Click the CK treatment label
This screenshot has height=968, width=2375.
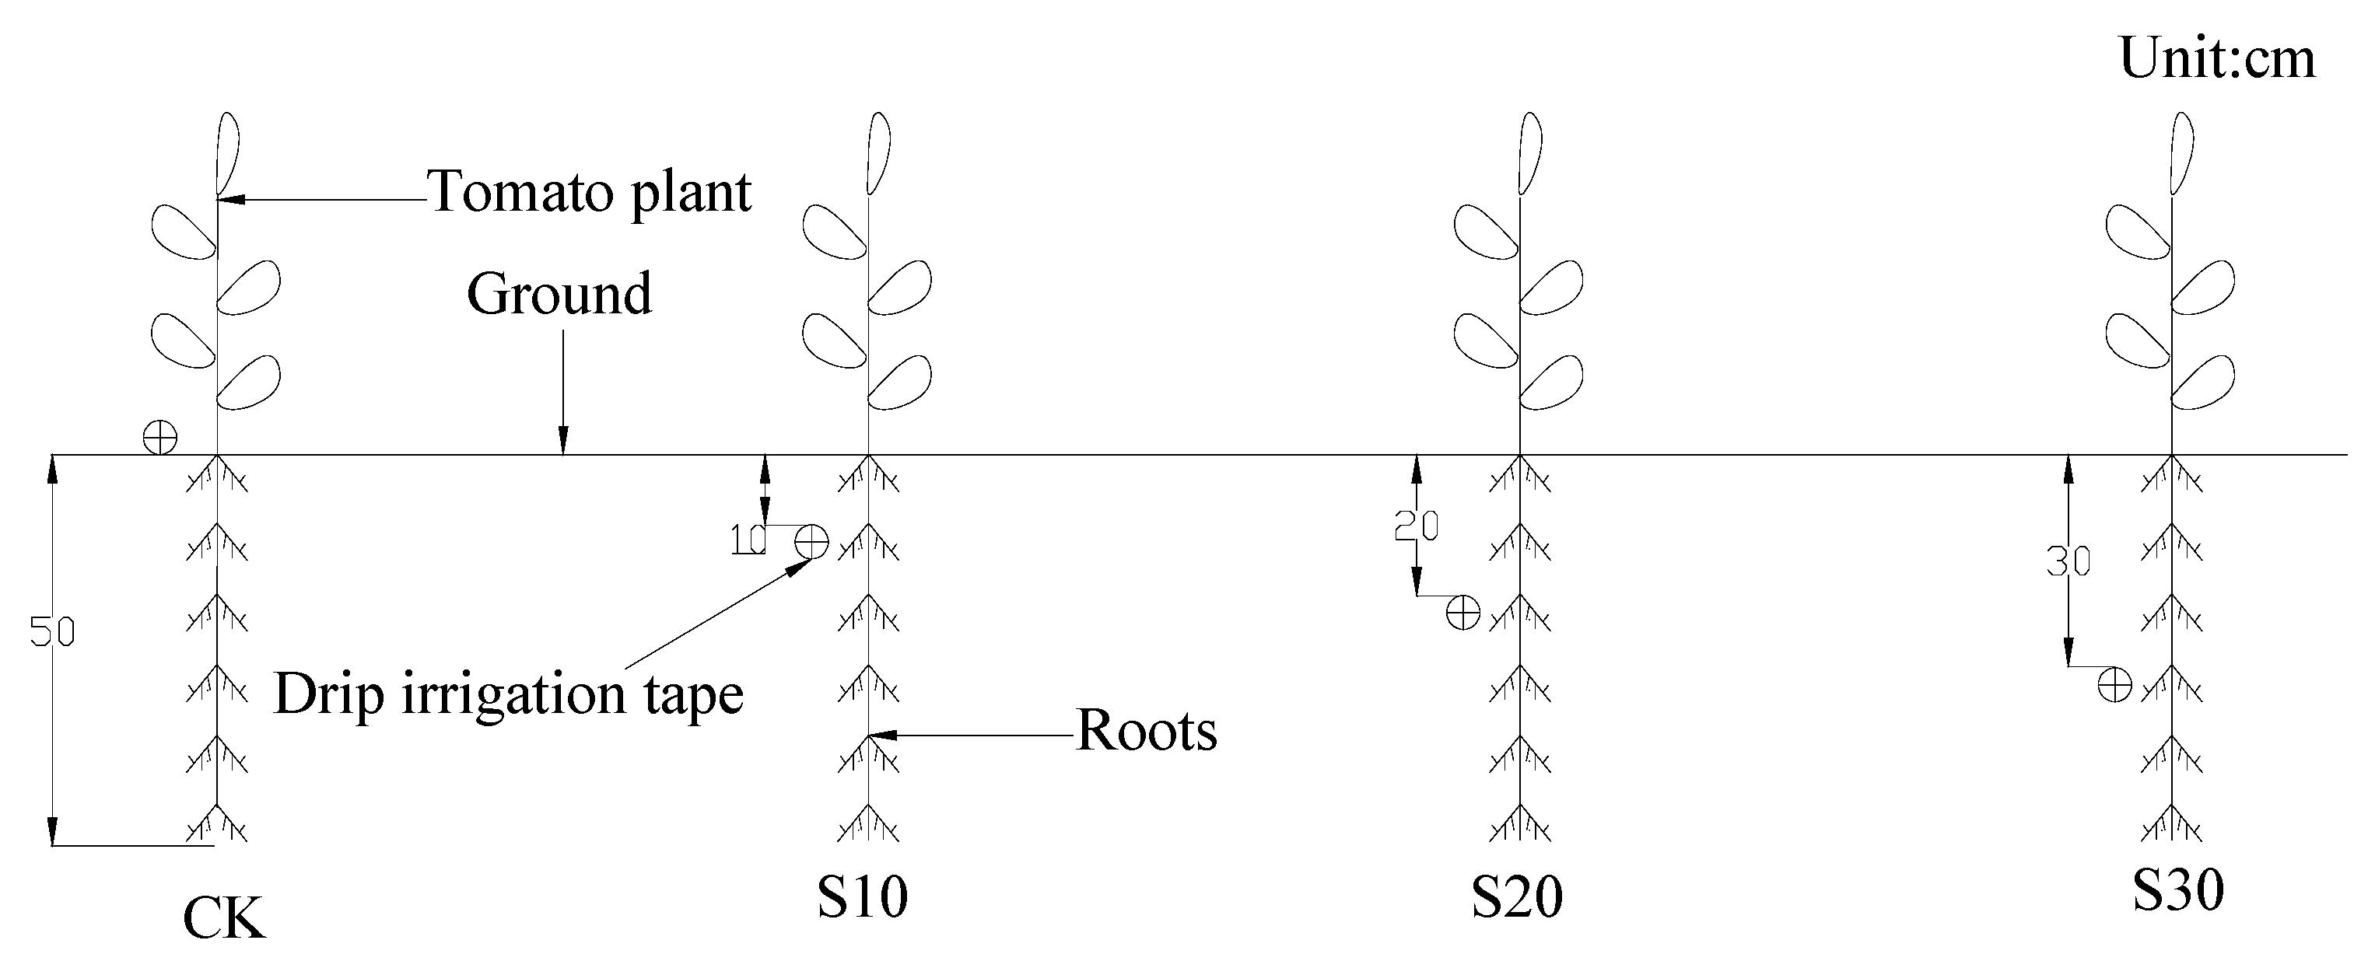click(x=224, y=918)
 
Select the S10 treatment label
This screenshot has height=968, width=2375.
click(x=862, y=896)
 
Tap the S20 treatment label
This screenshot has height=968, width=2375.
click(x=1517, y=896)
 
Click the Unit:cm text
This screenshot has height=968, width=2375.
click(x=2217, y=58)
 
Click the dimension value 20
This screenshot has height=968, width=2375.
click(x=1416, y=526)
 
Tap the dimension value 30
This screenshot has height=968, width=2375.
click(x=2068, y=561)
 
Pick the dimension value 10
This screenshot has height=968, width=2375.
click(x=748, y=540)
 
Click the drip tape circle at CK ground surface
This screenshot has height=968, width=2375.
click(x=160, y=436)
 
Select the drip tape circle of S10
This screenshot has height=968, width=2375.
click(x=811, y=541)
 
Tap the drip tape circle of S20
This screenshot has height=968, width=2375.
click(x=1463, y=612)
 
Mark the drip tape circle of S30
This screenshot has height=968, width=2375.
click(x=2115, y=685)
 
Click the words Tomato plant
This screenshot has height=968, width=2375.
click(x=590, y=192)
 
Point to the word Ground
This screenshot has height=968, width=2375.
click(x=559, y=294)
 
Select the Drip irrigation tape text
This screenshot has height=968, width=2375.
click(x=508, y=694)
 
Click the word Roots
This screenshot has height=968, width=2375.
click(x=1146, y=731)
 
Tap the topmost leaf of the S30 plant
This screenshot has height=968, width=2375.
click(x=2181, y=152)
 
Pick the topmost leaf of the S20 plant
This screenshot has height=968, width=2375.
click(x=1529, y=152)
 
